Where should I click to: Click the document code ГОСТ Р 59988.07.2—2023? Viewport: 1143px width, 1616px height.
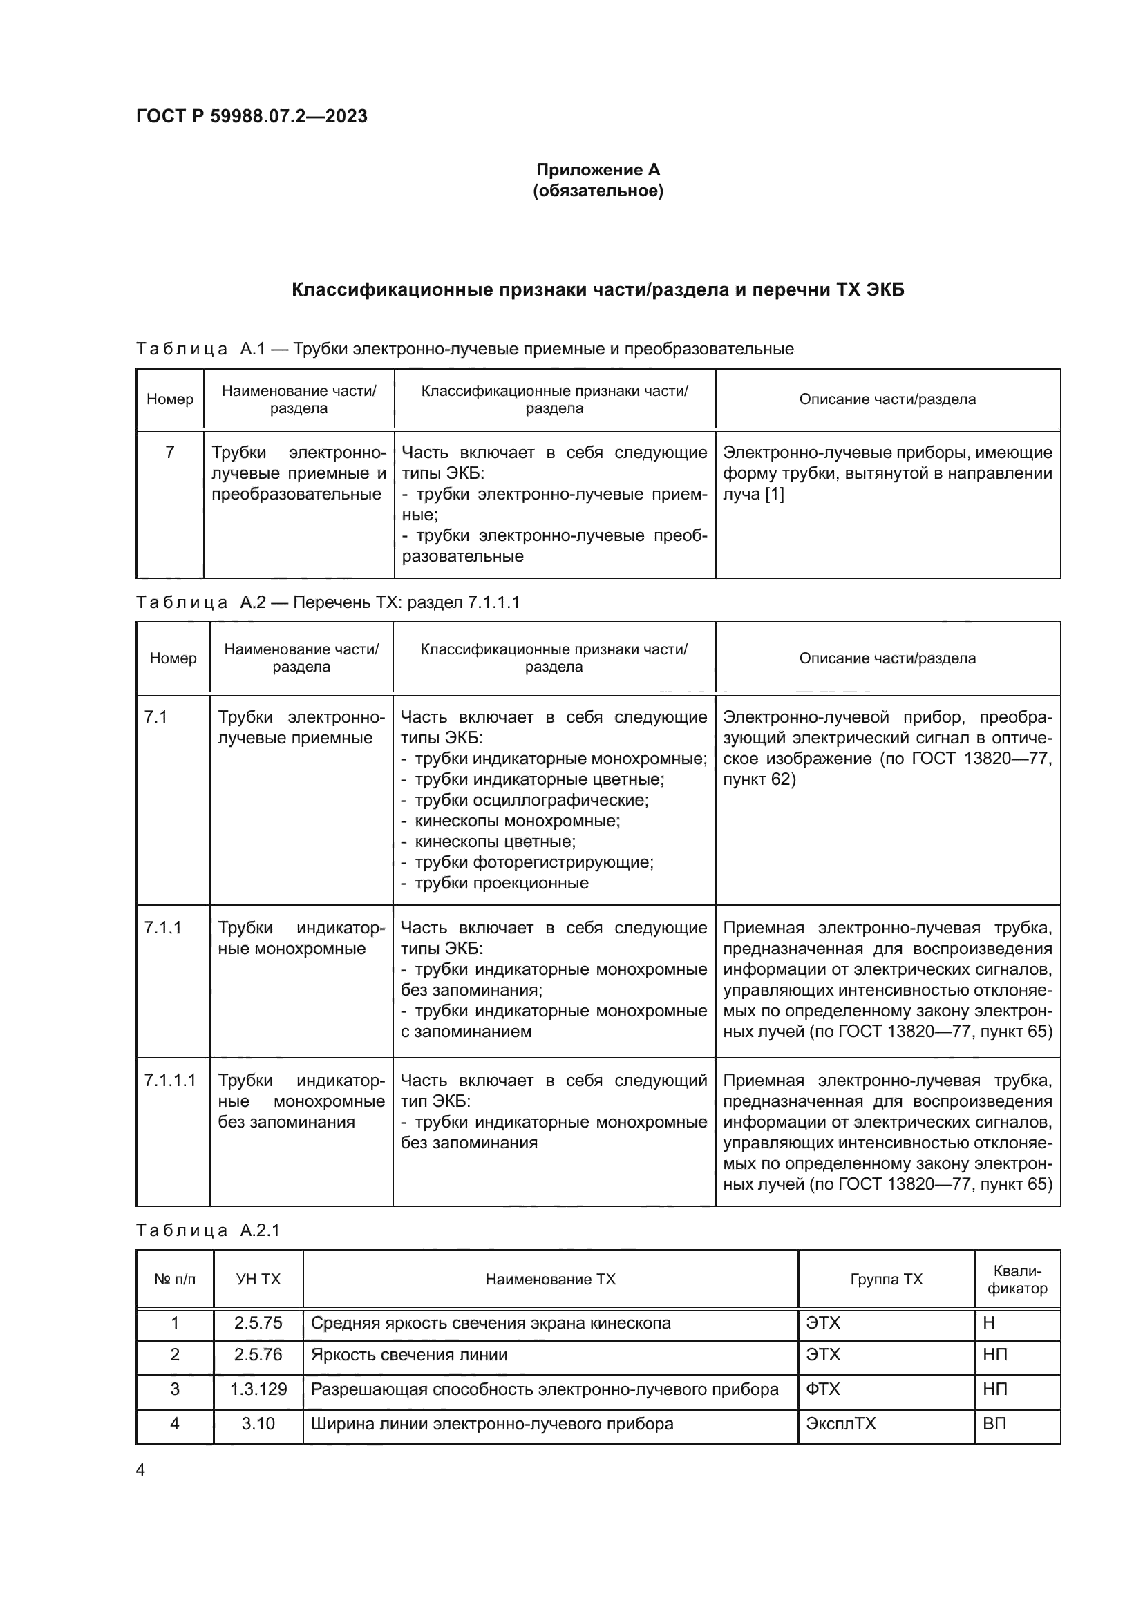point(252,116)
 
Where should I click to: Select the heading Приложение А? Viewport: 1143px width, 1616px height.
point(598,170)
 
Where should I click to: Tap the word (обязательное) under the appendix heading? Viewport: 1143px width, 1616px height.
point(598,191)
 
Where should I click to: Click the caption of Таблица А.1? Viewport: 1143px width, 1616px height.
point(464,348)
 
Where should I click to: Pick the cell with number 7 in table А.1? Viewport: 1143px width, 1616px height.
point(169,453)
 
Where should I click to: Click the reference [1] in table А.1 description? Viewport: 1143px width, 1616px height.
point(773,494)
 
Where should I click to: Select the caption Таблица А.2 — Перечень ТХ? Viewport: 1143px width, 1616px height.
point(328,602)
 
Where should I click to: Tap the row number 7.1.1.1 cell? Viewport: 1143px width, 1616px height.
point(169,1081)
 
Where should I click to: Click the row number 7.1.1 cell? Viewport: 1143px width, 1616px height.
point(162,928)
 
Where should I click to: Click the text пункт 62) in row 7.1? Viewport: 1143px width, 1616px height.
point(759,779)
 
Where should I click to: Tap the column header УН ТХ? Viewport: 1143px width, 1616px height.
point(258,1279)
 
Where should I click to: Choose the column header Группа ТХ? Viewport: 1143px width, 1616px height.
point(885,1279)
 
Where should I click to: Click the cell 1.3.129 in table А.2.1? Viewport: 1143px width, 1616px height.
point(258,1389)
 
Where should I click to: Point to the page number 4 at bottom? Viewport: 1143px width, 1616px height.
point(140,1470)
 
